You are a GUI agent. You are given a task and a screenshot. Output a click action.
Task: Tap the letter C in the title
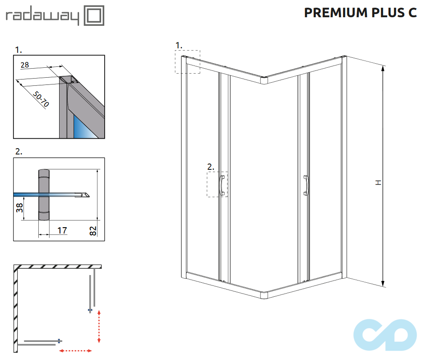[x=412, y=13]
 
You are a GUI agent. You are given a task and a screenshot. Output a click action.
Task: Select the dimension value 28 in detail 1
[x=24, y=65]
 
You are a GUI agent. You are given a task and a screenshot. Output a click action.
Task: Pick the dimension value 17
[x=62, y=230]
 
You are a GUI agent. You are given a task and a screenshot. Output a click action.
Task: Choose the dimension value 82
[x=93, y=231]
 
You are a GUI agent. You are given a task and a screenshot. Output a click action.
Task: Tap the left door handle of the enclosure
[x=222, y=186]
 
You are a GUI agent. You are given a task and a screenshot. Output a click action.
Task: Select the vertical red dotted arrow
[x=99, y=326]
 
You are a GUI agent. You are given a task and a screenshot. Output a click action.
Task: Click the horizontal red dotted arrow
[x=76, y=351]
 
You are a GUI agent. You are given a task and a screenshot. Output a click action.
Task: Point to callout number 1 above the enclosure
[x=179, y=45]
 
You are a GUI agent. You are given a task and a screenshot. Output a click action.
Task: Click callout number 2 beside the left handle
[x=210, y=167]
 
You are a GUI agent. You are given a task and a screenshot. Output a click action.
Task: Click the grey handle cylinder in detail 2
[x=43, y=195]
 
